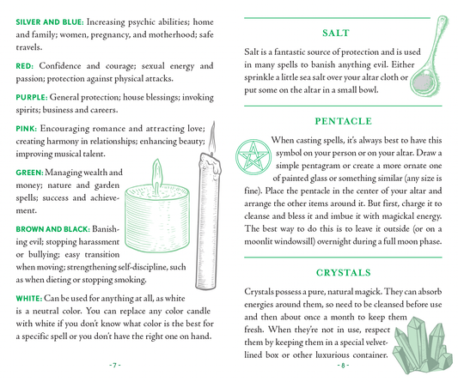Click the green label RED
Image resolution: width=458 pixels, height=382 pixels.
tap(24, 66)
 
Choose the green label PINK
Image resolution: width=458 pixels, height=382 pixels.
tap(26, 129)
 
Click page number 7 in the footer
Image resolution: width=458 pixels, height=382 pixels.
tap(114, 365)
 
